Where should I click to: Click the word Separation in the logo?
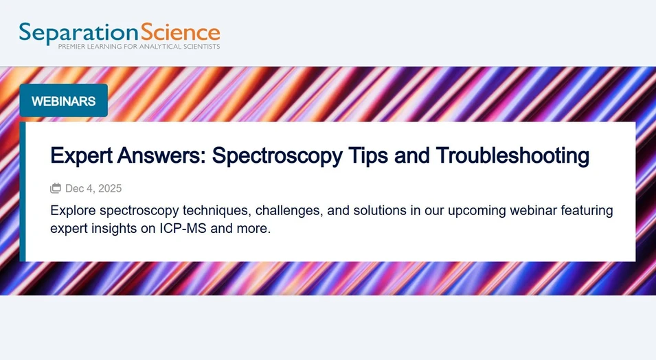pyautogui.click(x=78, y=33)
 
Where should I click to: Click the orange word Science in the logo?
pyautogui.click(x=180, y=32)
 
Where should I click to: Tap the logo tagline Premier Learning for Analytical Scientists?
pyautogui.click(x=139, y=47)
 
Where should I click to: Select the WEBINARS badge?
pyautogui.click(x=63, y=101)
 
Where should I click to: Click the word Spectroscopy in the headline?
pyautogui.click(x=277, y=156)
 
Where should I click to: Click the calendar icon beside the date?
pyautogui.click(x=56, y=188)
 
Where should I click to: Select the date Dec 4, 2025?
pyautogui.click(x=93, y=188)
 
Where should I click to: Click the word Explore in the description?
pyautogui.click(x=72, y=210)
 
